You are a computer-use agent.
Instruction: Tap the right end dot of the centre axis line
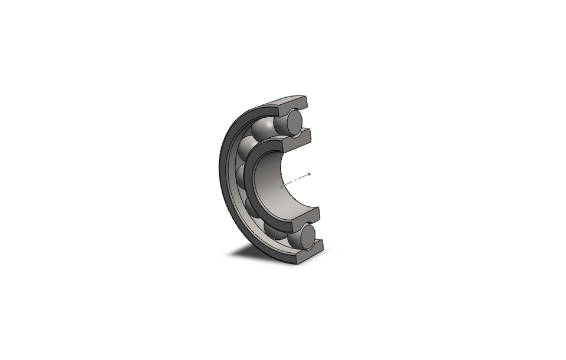point(309,174)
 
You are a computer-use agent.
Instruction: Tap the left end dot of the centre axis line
point(281,187)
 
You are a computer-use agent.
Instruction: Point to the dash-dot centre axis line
point(295,180)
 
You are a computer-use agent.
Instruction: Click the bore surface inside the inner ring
point(277,177)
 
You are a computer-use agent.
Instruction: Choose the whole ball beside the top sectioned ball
point(263,127)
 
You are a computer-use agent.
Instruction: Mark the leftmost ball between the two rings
point(240,176)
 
